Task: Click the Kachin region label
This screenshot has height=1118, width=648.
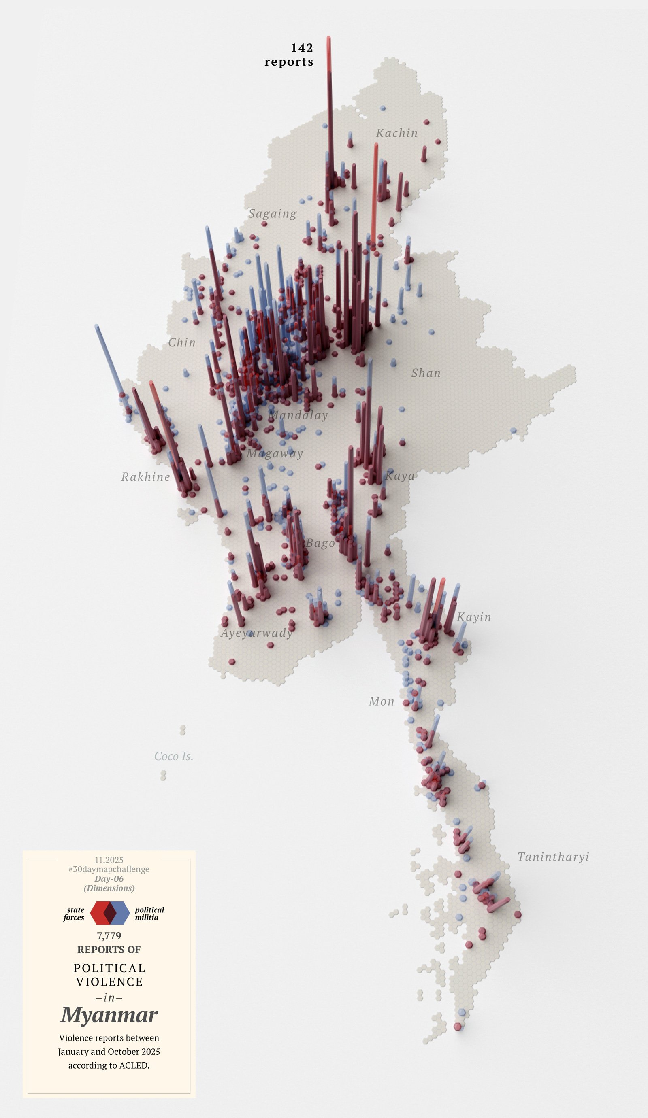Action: [396, 133]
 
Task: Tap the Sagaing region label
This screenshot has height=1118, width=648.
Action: [273, 214]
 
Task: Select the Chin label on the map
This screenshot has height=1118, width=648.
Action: [182, 342]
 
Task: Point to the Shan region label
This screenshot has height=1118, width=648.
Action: [426, 373]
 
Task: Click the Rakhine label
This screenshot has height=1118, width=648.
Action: [145, 477]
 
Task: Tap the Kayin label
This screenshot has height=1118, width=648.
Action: [474, 617]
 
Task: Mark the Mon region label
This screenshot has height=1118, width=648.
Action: [381, 701]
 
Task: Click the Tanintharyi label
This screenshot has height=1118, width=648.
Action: [553, 857]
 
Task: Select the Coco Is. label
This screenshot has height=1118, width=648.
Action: [173, 757]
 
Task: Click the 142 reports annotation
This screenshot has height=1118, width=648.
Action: [290, 55]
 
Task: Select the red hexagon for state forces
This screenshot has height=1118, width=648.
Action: [98, 913]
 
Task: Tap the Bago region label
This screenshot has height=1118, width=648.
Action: [320, 544]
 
